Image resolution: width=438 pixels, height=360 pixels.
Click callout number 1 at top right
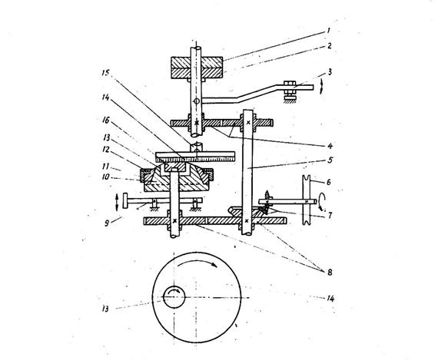[329, 31]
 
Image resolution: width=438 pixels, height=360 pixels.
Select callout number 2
[330, 46]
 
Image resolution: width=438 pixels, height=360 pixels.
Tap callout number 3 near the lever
[330, 72]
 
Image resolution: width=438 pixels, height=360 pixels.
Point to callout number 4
[330, 146]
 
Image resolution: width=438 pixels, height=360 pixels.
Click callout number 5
[330, 160]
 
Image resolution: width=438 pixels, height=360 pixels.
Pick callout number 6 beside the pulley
[329, 182]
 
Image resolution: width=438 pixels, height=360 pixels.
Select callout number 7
[330, 216]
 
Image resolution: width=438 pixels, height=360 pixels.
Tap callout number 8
[330, 272]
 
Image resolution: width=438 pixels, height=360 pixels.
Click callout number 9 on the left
[107, 223]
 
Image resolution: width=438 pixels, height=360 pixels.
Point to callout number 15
[105, 73]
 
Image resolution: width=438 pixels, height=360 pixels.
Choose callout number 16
[106, 121]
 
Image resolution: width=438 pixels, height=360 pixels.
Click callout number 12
[106, 150]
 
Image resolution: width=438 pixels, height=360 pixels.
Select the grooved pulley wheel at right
[307, 200]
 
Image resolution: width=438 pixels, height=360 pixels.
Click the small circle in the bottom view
[174, 298]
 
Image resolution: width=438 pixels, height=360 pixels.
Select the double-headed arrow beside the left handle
[117, 202]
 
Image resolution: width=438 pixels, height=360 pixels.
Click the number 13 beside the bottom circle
[105, 309]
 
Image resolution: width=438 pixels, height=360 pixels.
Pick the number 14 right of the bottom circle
[330, 299]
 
